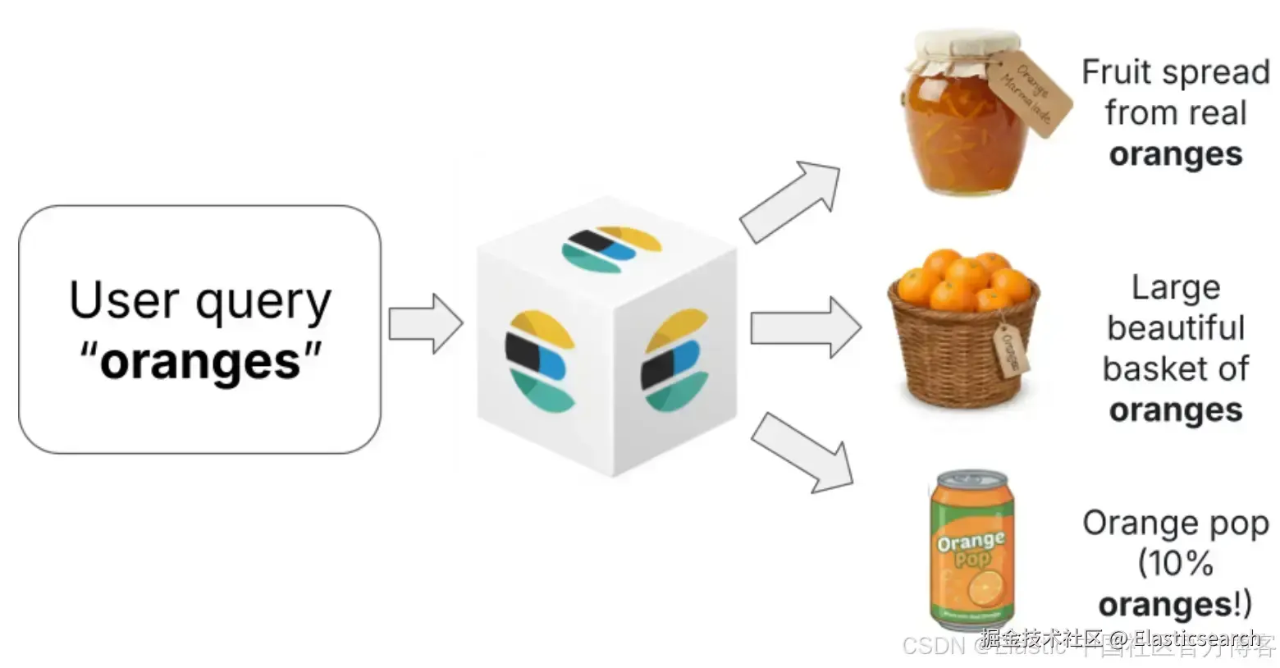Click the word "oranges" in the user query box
(x=201, y=361)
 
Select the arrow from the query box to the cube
(x=424, y=323)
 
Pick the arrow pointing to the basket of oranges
(x=804, y=327)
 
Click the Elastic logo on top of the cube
(x=611, y=249)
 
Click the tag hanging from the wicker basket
(x=1012, y=350)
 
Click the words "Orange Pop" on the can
(x=971, y=549)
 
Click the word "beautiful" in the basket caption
(x=1175, y=328)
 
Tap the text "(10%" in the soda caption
(x=1175, y=564)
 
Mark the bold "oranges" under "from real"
(x=1175, y=154)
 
